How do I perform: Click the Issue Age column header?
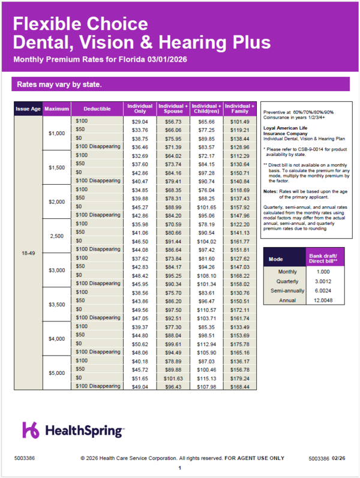point(28,109)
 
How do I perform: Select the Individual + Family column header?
point(239,109)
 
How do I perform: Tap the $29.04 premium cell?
point(139,122)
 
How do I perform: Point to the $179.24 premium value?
point(239,378)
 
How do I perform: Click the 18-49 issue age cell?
point(28,254)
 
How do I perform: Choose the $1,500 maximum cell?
point(57,168)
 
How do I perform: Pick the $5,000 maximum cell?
point(57,373)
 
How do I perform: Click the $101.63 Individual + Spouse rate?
point(173,378)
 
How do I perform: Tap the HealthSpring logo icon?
point(32,430)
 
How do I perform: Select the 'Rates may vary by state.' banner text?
point(55,84)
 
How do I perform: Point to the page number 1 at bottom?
point(179,468)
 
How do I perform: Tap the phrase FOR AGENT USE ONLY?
point(254,458)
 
